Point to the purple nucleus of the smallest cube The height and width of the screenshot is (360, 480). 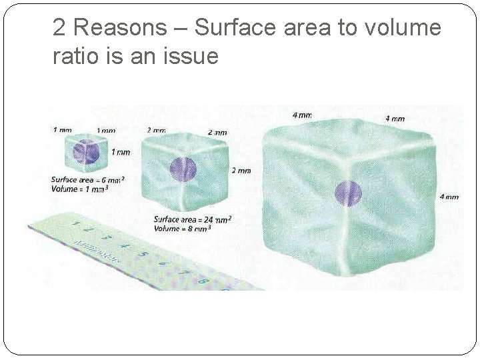tap(86, 153)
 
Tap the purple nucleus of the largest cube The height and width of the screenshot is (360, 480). tap(348, 193)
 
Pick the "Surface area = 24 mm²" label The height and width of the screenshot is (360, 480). tap(192, 219)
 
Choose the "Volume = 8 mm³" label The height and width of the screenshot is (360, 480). tap(183, 228)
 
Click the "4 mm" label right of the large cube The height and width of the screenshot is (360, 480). tap(449, 197)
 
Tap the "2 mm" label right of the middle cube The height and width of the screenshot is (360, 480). tap(241, 171)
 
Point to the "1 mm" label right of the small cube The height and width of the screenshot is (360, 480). tap(121, 152)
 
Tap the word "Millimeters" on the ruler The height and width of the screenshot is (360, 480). tap(96, 252)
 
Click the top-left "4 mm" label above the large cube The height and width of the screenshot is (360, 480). tap(302, 115)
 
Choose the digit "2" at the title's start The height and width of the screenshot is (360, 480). tap(59, 29)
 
